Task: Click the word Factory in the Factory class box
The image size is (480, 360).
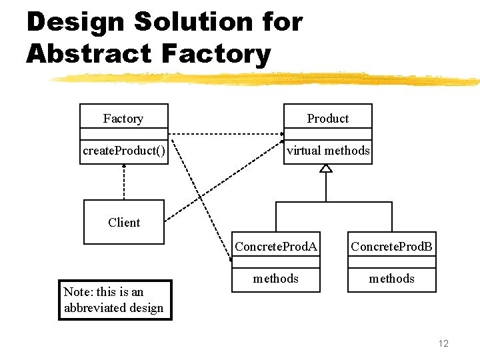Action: pyautogui.click(x=123, y=119)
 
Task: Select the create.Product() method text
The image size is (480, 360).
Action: pyautogui.click(x=124, y=151)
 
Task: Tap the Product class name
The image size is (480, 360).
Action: pyautogui.click(x=327, y=119)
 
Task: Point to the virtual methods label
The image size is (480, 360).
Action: pyautogui.click(x=327, y=151)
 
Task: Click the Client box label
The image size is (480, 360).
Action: pyautogui.click(x=124, y=223)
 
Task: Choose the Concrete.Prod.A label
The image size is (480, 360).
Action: pyautogui.click(x=275, y=247)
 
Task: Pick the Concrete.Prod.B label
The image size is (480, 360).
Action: pyautogui.click(x=391, y=247)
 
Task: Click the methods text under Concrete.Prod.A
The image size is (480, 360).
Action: pyautogui.click(x=275, y=279)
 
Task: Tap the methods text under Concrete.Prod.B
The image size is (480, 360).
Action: pyautogui.click(x=391, y=279)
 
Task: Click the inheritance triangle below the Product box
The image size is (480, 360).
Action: pyautogui.click(x=325, y=168)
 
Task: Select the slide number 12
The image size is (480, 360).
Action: pyautogui.click(x=443, y=343)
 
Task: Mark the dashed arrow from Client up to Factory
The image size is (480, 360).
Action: pyautogui.click(x=124, y=181)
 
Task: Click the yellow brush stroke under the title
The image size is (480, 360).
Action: pyautogui.click(x=267, y=79)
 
